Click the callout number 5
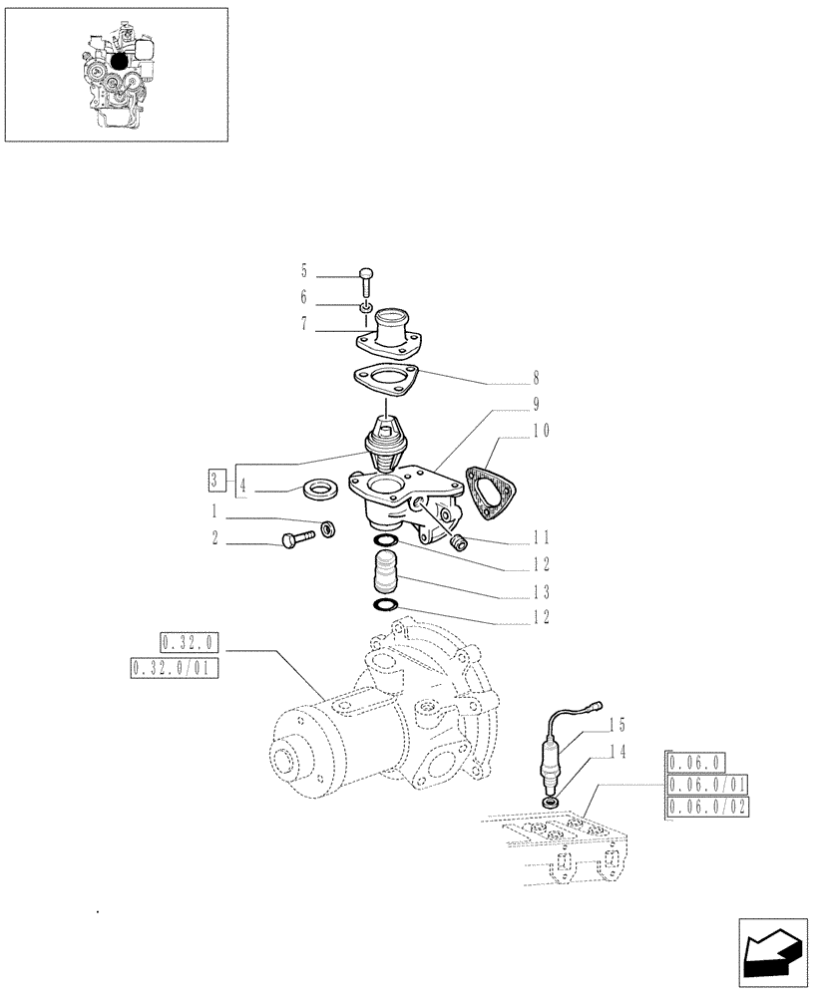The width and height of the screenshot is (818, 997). pyautogui.click(x=304, y=271)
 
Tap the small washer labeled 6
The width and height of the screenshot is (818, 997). pyautogui.click(x=366, y=305)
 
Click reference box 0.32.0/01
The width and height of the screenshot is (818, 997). pyautogui.click(x=175, y=668)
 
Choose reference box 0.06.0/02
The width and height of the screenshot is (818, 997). pyautogui.click(x=709, y=807)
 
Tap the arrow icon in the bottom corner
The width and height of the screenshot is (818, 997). pyautogui.click(x=772, y=951)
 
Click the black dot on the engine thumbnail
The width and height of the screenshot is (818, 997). pyautogui.click(x=120, y=61)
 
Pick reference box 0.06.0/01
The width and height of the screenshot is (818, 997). pyautogui.click(x=709, y=785)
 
